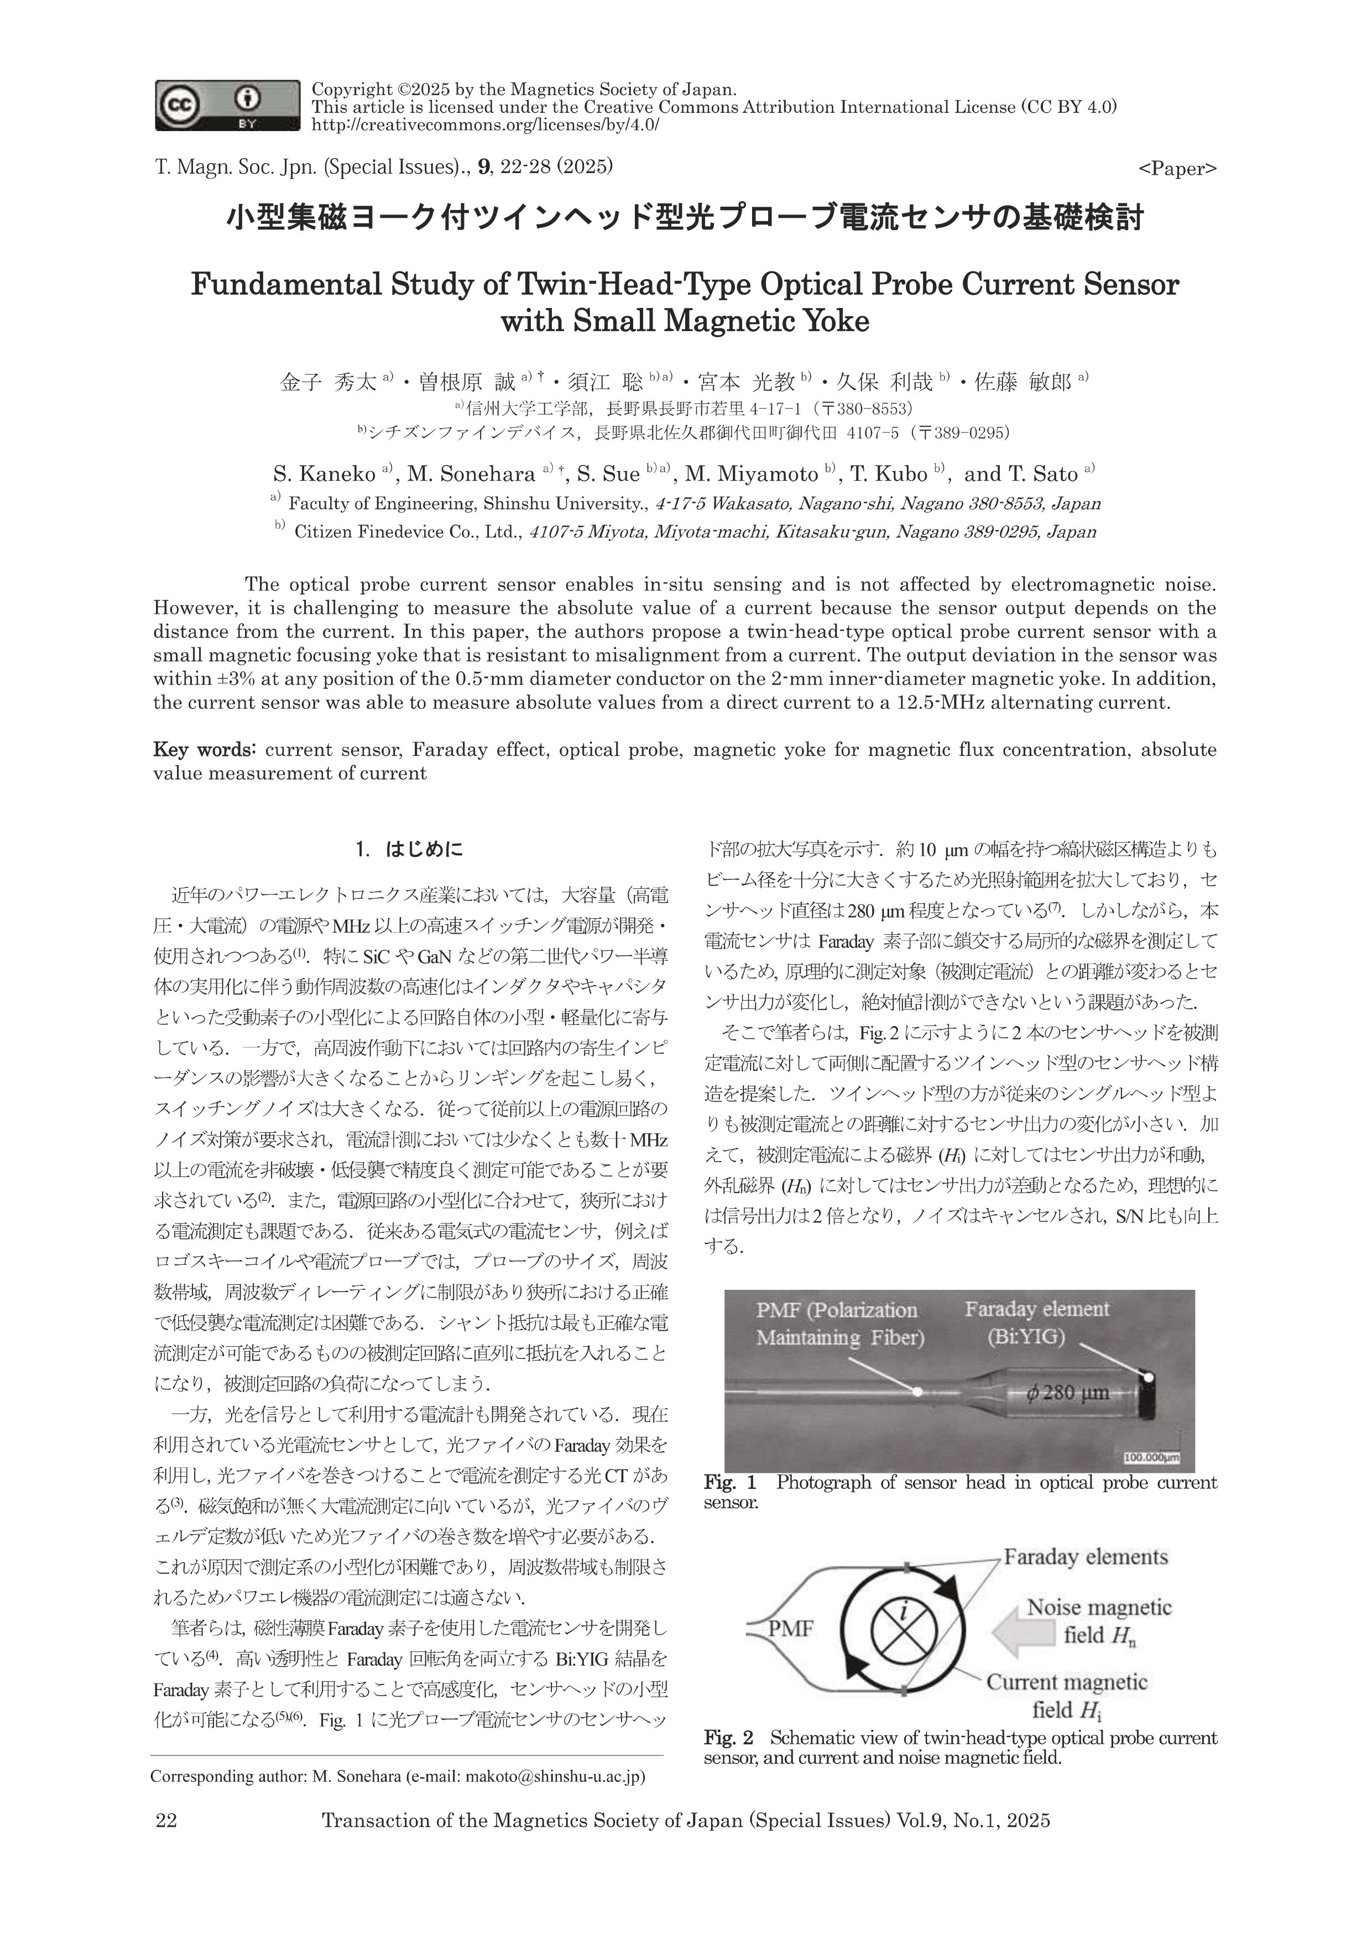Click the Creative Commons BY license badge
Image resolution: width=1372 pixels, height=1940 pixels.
[x=227, y=106]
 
